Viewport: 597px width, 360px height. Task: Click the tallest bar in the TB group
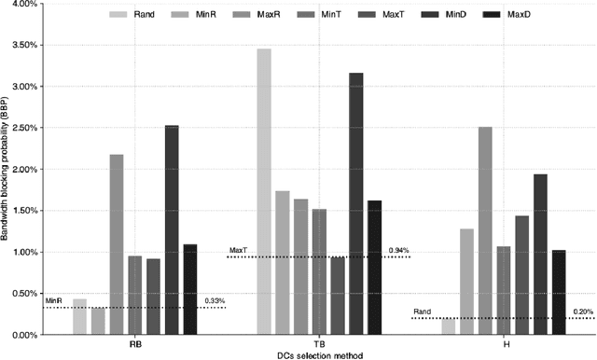coord(264,191)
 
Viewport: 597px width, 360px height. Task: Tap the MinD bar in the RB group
coord(173,229)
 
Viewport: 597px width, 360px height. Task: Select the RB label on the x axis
coord(135,343)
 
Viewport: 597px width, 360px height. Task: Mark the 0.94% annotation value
coord(398,251)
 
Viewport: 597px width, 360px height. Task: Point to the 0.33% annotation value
coord(215,301)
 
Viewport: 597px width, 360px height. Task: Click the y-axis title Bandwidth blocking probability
coord(7,168)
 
